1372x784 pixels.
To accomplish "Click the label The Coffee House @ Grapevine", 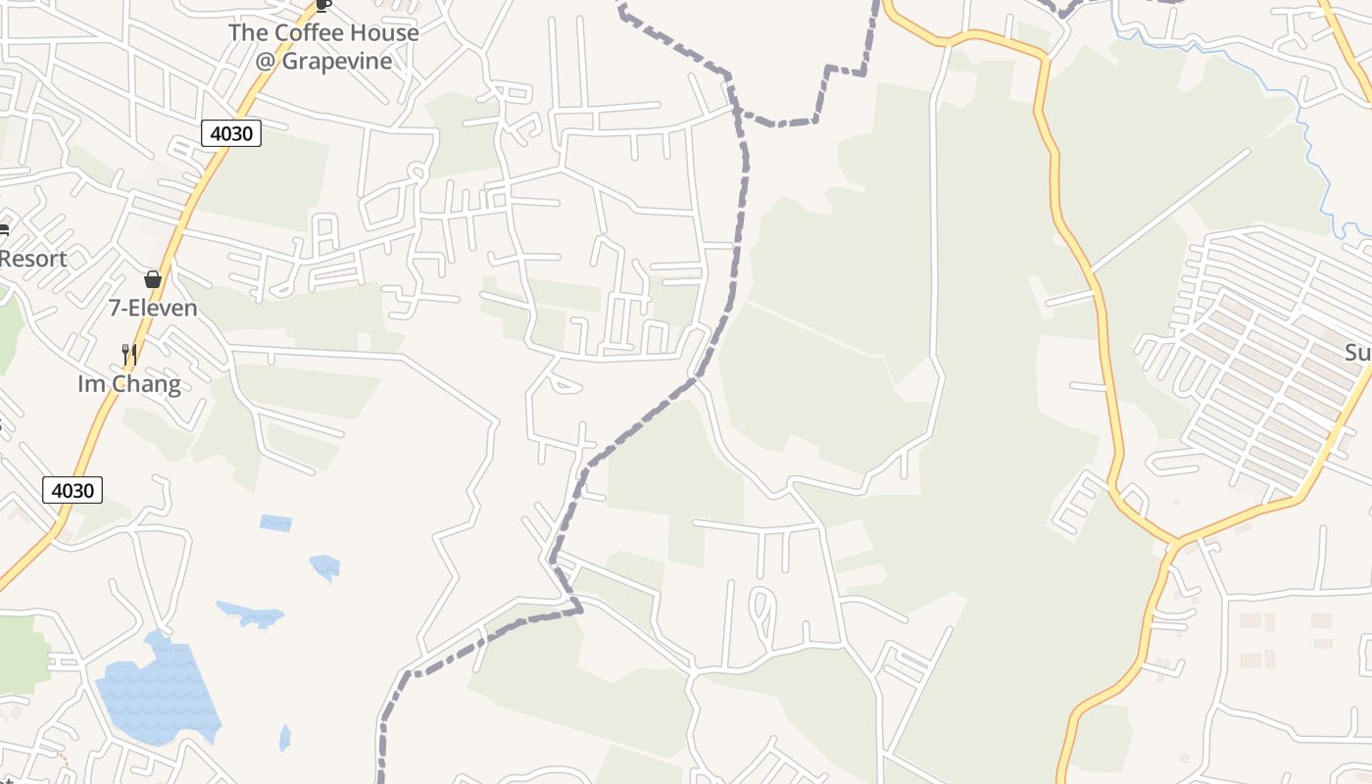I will (x=323, y=46).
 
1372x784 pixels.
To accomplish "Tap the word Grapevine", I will (x=337, y=61).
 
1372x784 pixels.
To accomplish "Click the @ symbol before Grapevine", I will (x=266, y=62).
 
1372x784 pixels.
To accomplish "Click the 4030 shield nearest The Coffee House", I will (x=231, y=133).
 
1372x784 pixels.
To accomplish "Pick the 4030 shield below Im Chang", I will (x=73, y=490).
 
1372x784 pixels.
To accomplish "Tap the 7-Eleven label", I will (x=153, y=309).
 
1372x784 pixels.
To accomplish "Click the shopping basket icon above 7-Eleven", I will (x=153, y=280).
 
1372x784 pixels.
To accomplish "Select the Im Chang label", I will (x=129, y=384).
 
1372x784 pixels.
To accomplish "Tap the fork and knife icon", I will (x=128, y=353).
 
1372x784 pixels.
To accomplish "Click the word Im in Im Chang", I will (x=89, y=384).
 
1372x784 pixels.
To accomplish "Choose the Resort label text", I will (x=33, y=259).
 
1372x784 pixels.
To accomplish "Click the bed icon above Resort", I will (x=3, y=231).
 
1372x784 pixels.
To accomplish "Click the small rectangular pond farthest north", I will (x=275, y=523).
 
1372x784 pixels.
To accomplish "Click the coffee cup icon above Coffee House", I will (x=323, y=5).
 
